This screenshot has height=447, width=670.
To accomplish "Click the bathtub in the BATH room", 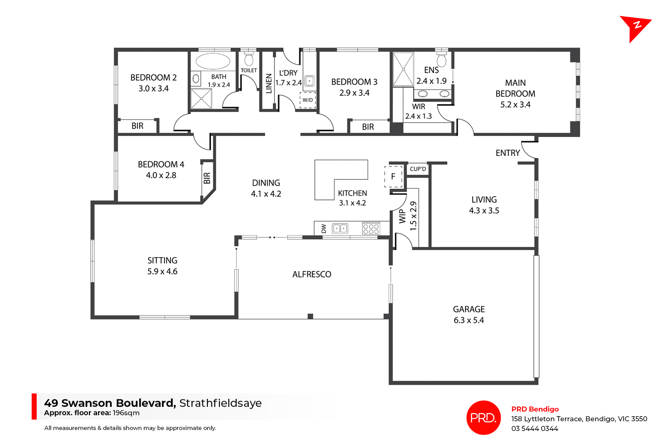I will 213,62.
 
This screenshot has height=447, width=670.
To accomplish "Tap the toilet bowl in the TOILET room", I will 249,60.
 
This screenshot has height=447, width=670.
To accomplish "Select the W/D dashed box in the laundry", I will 307,100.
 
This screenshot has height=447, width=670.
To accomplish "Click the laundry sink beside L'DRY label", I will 310,81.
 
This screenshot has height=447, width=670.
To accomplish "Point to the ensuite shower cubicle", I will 403,69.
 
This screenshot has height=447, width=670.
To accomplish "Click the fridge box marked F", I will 393,177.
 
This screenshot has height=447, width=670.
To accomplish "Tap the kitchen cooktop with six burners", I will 371,229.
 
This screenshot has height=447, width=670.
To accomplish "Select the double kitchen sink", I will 340,229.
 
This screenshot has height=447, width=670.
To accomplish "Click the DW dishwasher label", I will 323,229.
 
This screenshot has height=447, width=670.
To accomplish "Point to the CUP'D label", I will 418,169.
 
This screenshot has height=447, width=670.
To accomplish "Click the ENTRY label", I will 508,153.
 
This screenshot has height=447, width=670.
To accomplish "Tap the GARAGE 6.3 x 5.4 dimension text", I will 469,320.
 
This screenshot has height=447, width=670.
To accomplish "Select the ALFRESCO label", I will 312,275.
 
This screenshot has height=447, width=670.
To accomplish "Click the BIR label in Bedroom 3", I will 368,127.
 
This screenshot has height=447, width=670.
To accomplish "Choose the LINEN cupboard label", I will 269,84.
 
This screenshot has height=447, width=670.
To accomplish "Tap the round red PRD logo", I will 483,418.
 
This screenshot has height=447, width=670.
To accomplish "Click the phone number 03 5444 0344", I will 535,429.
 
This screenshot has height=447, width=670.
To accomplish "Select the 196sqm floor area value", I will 126,413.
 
